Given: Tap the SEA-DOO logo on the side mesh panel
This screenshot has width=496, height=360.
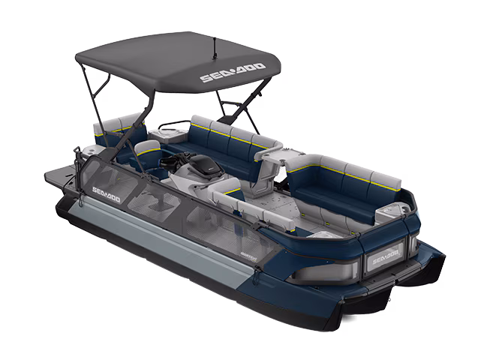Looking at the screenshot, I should coord(106,196).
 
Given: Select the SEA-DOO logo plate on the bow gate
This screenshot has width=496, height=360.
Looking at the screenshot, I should coord(383,260).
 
